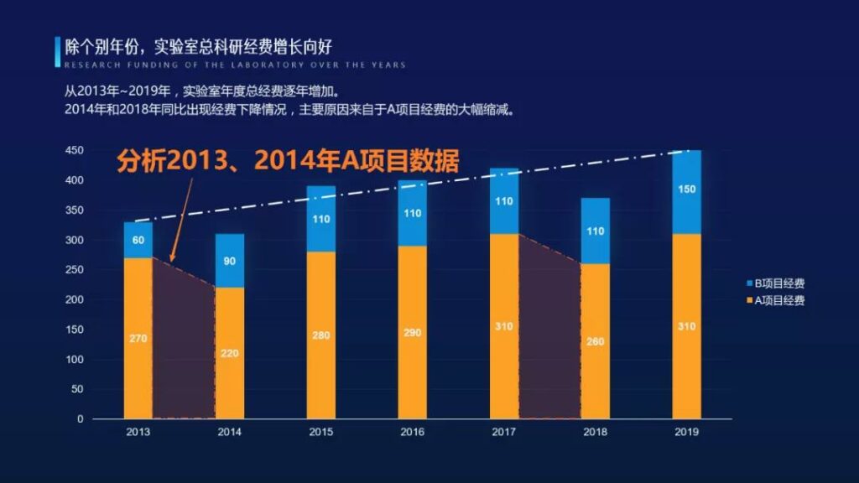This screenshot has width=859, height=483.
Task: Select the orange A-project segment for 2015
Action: coord(321,335)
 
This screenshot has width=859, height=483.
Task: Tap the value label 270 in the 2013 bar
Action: coord(138,339)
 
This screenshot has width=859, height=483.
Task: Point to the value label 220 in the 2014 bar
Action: coord(230,353)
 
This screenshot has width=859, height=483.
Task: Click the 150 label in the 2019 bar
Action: coord(686,190)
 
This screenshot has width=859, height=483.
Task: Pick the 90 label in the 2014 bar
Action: coord(230,261)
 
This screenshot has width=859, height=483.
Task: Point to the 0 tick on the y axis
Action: coord(81,419)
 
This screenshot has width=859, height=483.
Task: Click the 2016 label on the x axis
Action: coord(413,433)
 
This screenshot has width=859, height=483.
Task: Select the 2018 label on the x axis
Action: coord(596,433)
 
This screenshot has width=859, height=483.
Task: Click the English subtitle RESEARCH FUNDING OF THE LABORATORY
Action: coord(235,65)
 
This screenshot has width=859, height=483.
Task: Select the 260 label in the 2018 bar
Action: coord(596,341)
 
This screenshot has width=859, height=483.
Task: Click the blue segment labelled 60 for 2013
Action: coord(138,241)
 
